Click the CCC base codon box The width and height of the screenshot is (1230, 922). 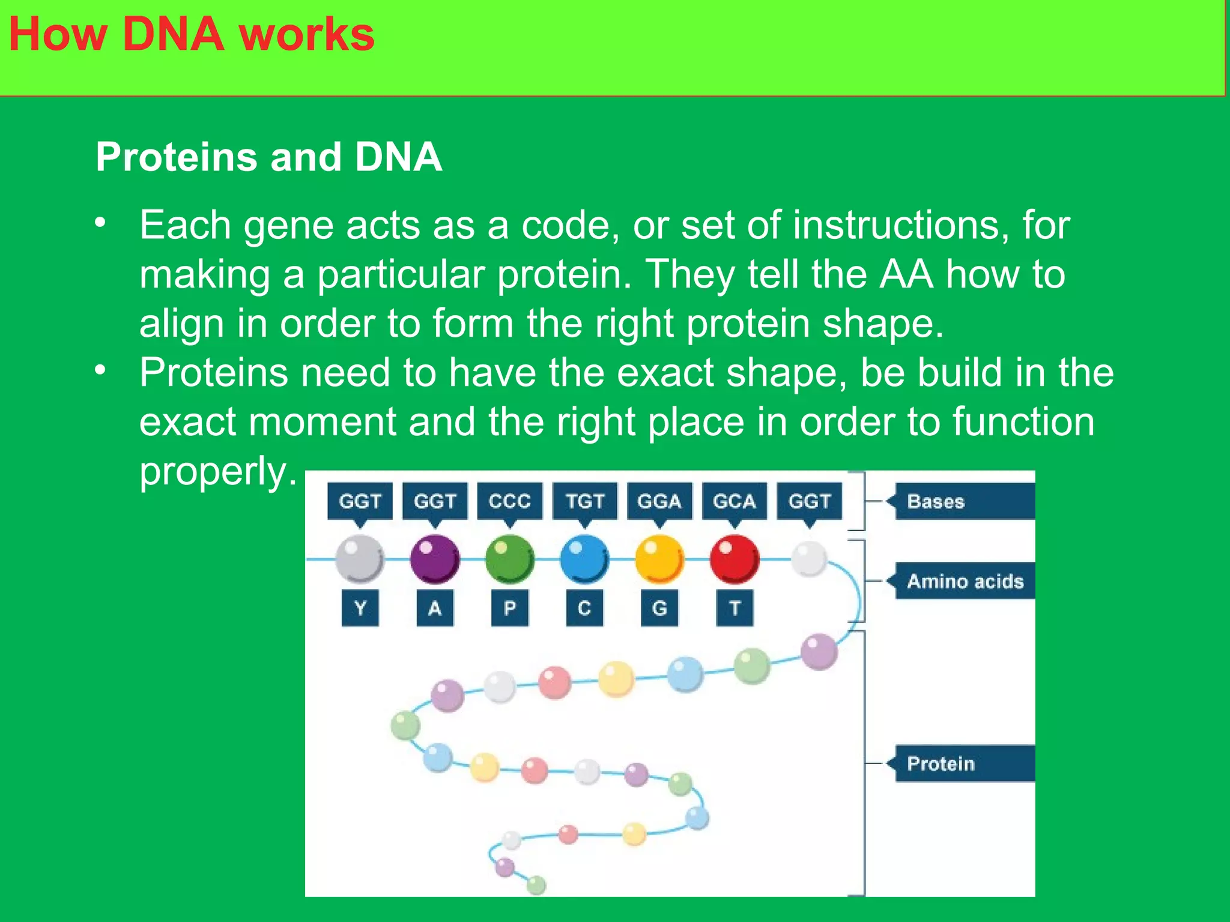pyautogui.click(x=509, y=501)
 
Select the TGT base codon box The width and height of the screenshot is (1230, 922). pyautogui.click(x=584, y=501)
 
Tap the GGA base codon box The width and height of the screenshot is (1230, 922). pyautogui.click(x=659, y=501)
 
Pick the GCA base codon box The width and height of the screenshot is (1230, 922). pyautogui.click(x=734, y=501)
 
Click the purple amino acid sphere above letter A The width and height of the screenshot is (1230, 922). pyautogui.click(x=435, y=559)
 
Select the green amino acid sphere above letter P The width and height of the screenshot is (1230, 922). pyautogui.click(x=509, y=559)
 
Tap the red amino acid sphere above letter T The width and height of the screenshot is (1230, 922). pyautogui.click(x=734, y=559)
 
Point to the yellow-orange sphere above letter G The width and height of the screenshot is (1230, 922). pyautogui.click(x=659, y=559)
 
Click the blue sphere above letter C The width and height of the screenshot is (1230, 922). pyautogui.click(x=584, y=559)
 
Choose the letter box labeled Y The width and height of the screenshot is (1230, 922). pyautogui.click(x=360, y=608)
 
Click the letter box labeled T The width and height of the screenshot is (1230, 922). pyautogui.click(x=734, y=608)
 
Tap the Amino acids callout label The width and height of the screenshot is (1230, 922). pyautogui.click(x=964, y=581)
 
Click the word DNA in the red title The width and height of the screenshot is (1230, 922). pyautogui.click(x=173, y=34)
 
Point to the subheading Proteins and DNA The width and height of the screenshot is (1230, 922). pyautogui.click(x=268, y=157)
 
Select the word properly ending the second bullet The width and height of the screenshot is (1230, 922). pyautogui.click(x=218, y=471)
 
